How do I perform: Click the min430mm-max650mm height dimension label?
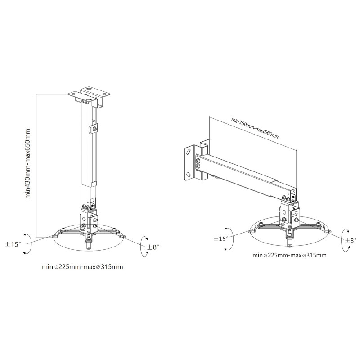(28, 163)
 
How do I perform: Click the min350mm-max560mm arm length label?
(256, 129)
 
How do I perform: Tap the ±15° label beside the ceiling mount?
(13, 244)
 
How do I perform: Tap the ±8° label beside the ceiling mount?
(153, 247)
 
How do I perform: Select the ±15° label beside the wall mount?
(221, 239)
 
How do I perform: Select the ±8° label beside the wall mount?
(351, 240)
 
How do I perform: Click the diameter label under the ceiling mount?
(82, 267)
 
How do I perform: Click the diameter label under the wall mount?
(289, 255)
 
